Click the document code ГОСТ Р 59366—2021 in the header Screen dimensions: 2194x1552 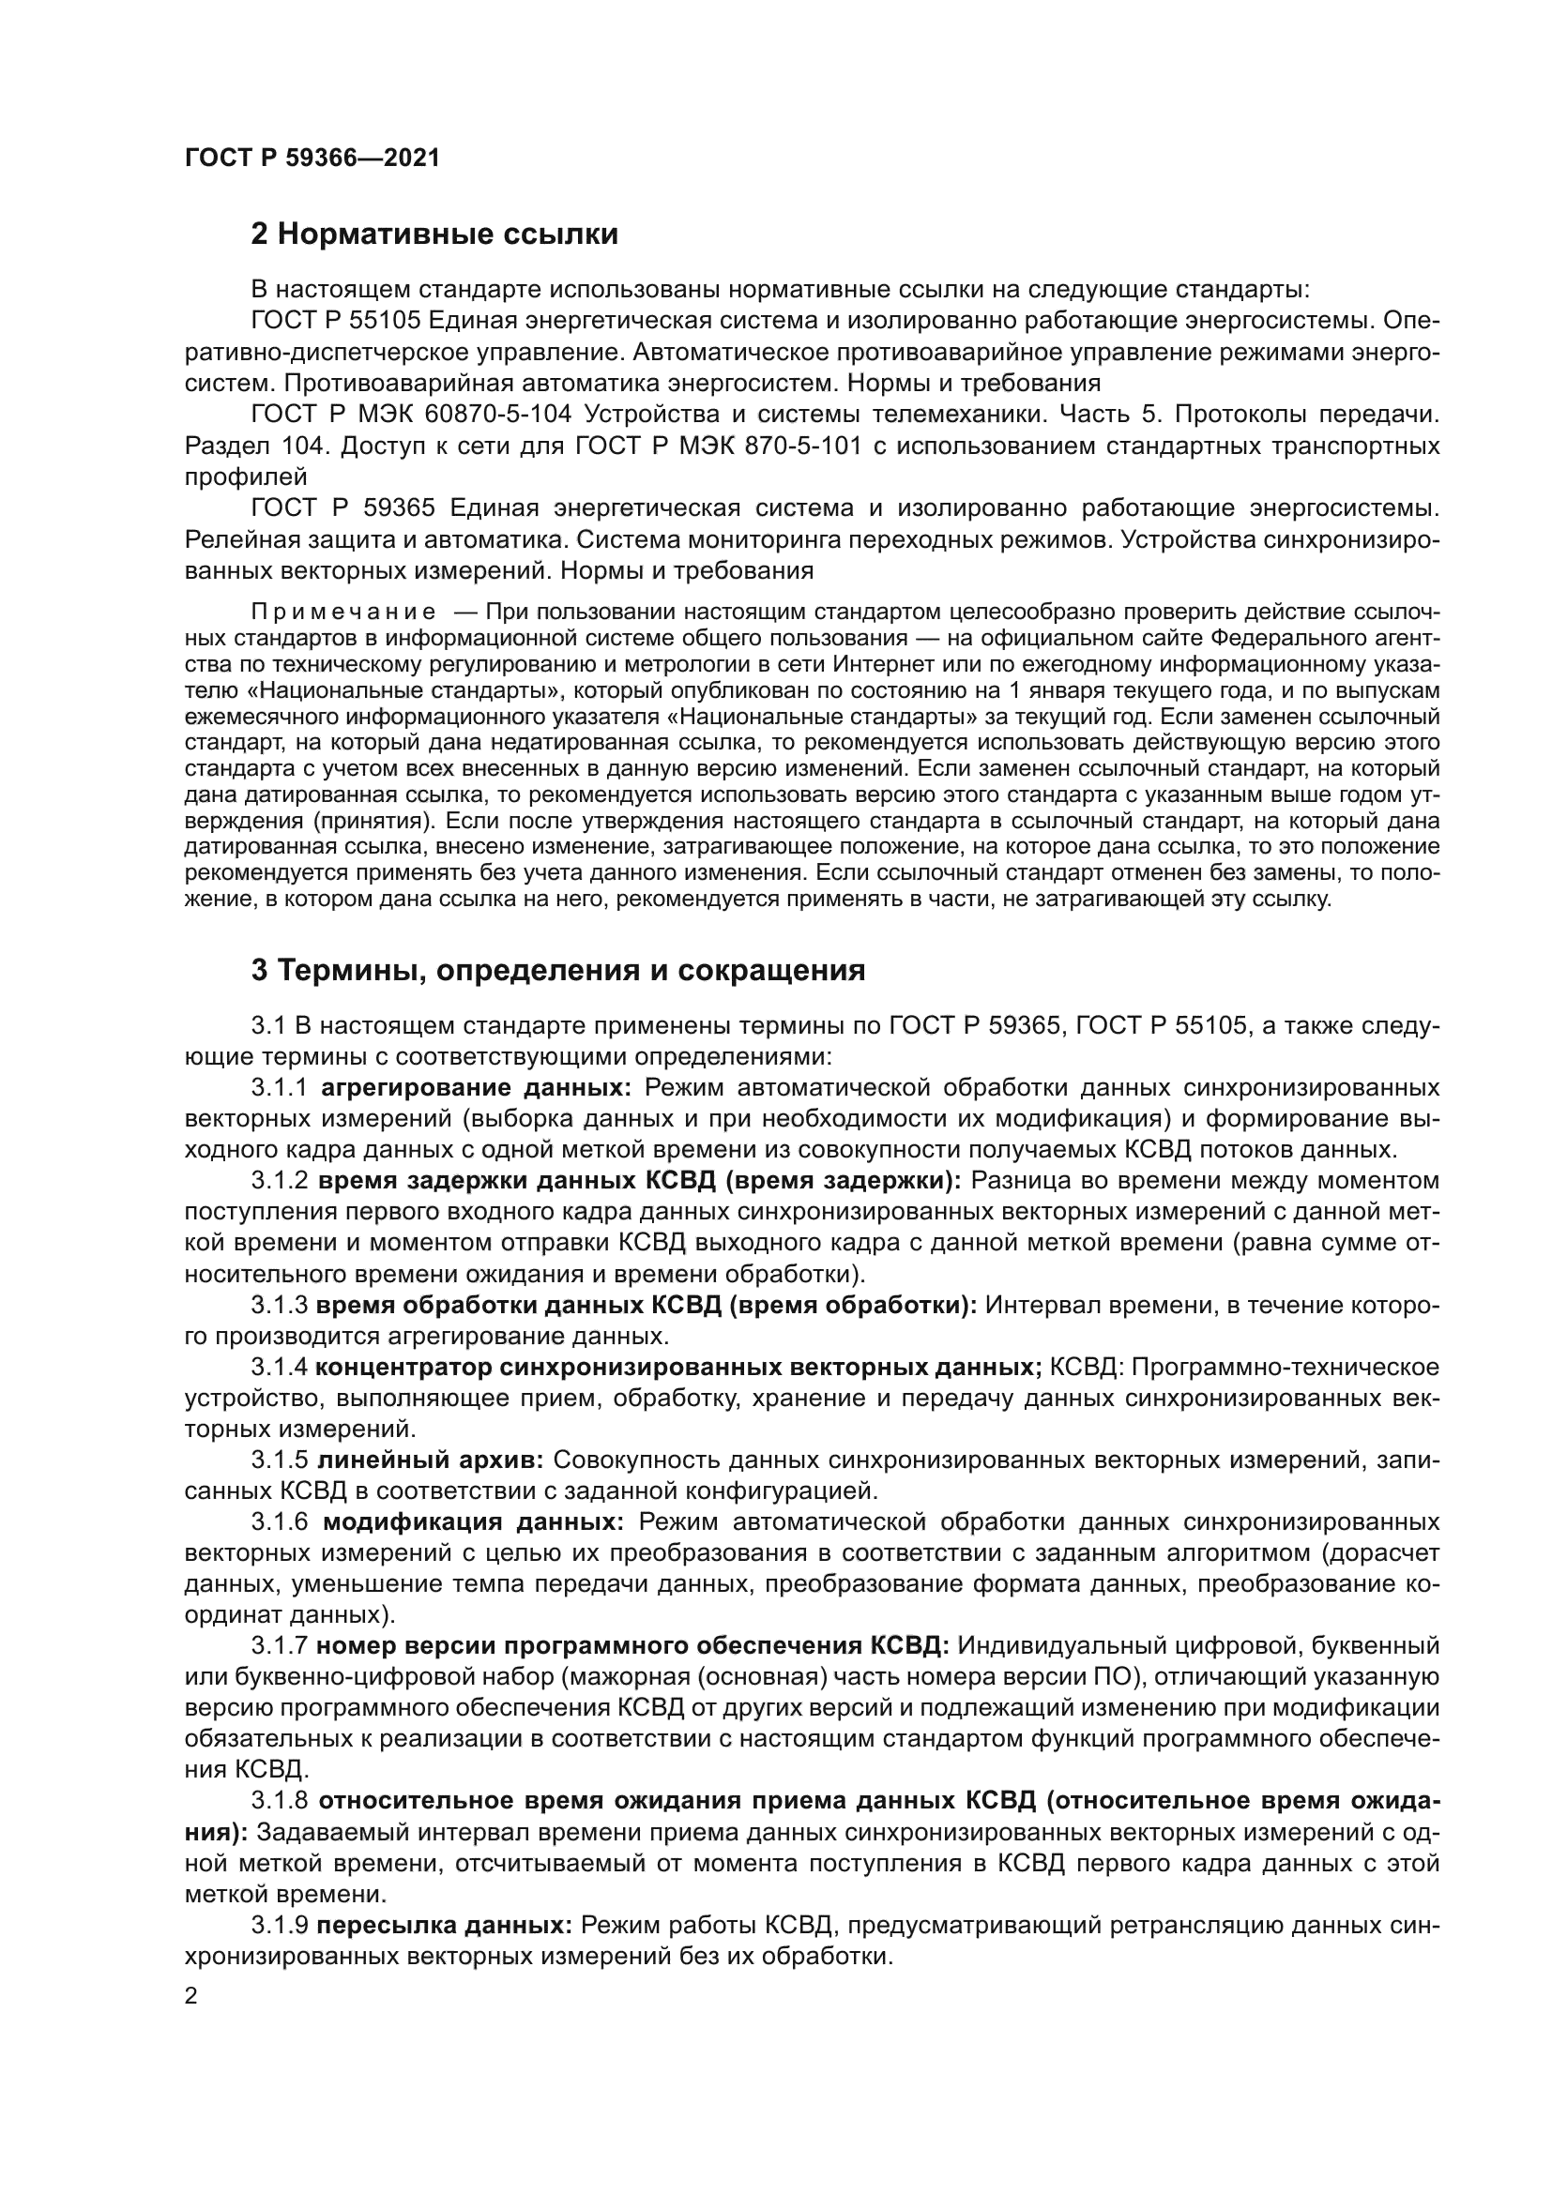(312, 159)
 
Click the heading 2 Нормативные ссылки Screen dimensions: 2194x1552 (434, 235)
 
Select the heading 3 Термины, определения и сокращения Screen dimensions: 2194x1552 (557, 972)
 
